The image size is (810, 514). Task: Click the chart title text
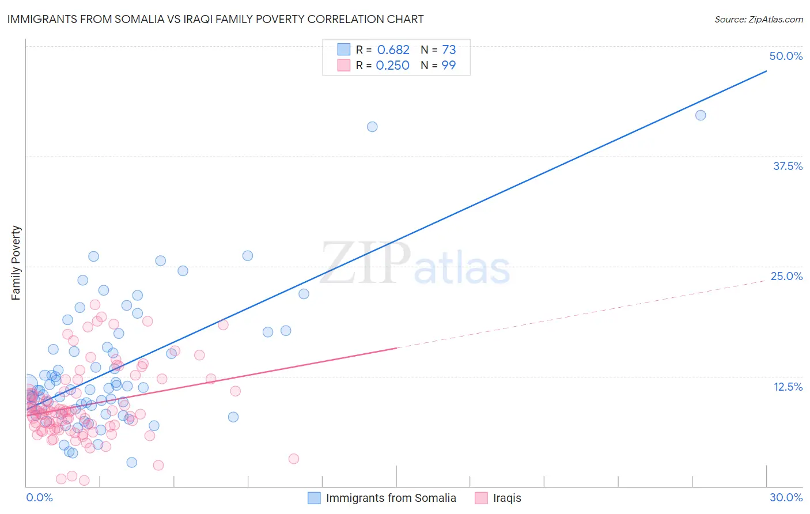click(x=215, y=19)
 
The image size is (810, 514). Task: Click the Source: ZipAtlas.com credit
click(x=758, y=19)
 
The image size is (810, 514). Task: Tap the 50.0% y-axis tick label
click(x=786, y=56)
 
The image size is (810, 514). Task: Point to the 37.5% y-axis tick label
click(x=788, y=166)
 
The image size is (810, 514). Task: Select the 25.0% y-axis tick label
click(x=786, y=276)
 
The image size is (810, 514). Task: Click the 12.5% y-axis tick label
click(x=788, y=387)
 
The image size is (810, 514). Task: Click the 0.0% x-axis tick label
click(x=39, y=497)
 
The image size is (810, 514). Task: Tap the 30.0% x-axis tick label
click(x=786, y=497)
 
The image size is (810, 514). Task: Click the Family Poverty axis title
click(x=16, y=263)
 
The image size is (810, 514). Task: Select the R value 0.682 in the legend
click(x=393, y=50)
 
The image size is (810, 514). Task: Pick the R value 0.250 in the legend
click(x=392, y=66)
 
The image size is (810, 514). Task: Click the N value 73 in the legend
click(x=449, y=50)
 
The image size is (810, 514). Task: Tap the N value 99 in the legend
click(x=449, y=66)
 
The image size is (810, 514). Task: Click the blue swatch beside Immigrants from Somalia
click(x=314, y=498)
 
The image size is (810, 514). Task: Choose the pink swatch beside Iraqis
click(x=481, y=498)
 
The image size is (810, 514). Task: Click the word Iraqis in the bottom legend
click(x=507, y=498)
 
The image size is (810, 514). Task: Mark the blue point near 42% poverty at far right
click(x=701, y=115)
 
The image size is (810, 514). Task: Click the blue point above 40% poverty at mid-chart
click(x=372, y=127)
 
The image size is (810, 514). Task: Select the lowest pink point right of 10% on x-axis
click(x=294, y=459)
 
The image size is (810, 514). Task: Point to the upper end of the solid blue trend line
click(x=766, y=71)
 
